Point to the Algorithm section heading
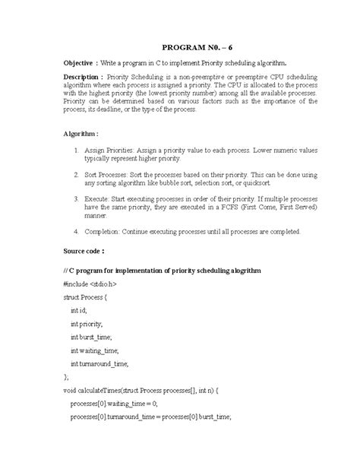point(81,132)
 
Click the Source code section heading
point(88,249)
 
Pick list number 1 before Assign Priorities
point(77,151)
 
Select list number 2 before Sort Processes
point(77,174)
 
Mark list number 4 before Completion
point(77,231)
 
